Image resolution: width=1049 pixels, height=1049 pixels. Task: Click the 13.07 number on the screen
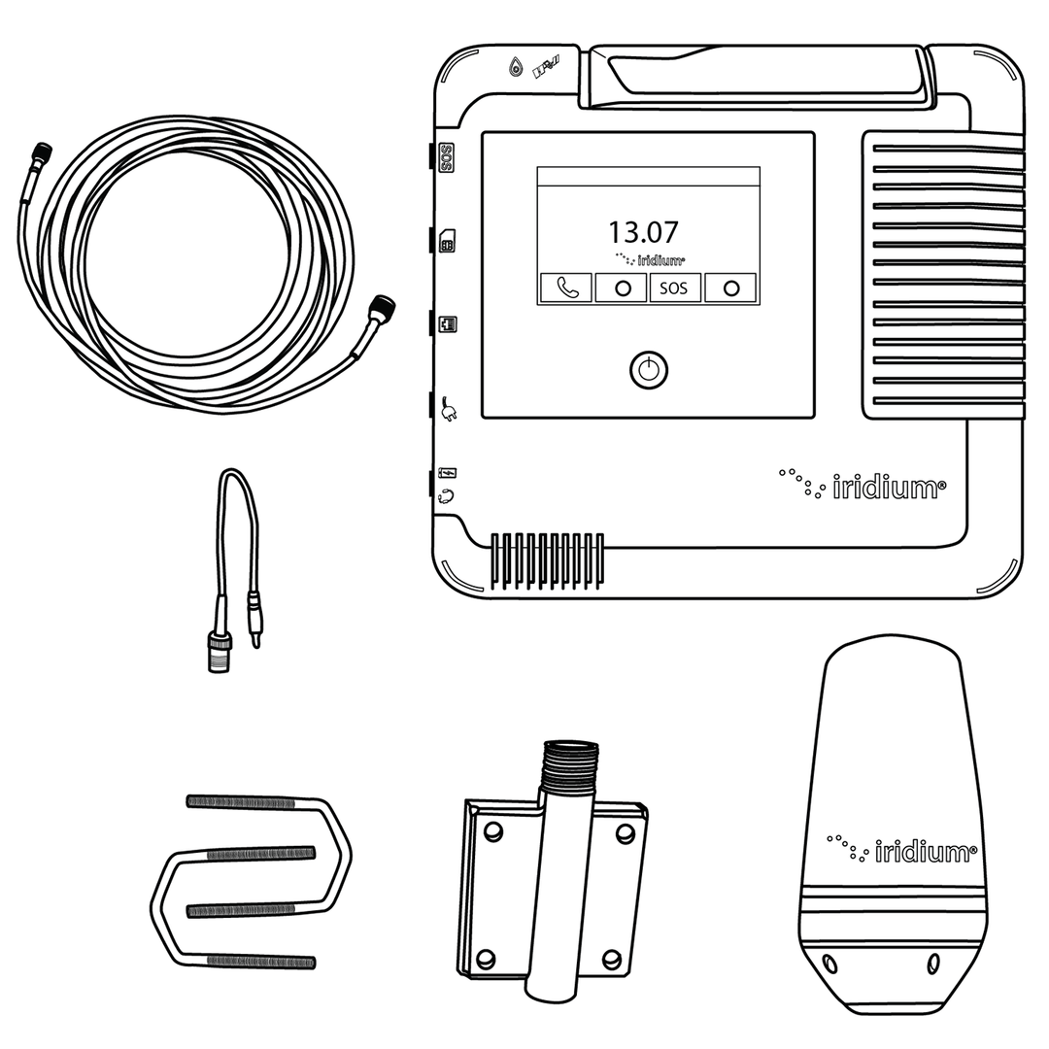(x=643, y=233)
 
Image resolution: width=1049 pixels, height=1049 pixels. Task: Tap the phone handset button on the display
(x=566, y=288)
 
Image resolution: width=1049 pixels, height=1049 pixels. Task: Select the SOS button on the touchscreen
(x=674, y=288)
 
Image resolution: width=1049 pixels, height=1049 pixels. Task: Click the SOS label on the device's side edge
(x=447, y=157)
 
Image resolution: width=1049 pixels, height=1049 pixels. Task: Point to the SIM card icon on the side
(x=448, y=241)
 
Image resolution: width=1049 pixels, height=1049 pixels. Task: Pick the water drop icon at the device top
(x=515, y=67)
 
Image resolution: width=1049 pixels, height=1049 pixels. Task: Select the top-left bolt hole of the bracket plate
(x=493, y=831)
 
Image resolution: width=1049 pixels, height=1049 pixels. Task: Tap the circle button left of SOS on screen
(x=621, y=288)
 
